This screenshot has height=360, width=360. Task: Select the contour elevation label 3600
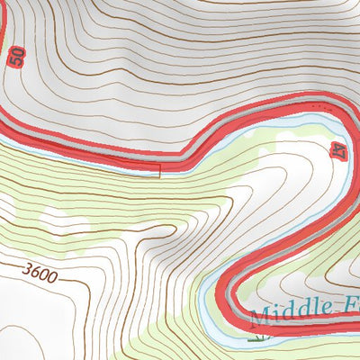pos(41,273)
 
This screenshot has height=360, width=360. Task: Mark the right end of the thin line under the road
pos(159,173)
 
